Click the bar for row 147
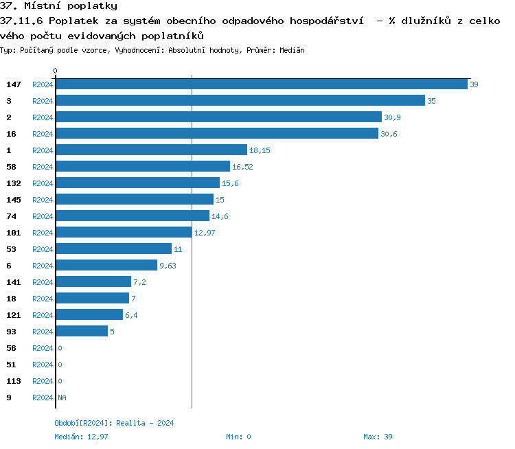click(261, 84)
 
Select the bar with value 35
click(240, 101)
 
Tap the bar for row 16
click(217, 134)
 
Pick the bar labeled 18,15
click(151, 150)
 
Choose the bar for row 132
click(137, 183)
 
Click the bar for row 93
click(82, 332)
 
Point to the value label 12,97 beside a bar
click(205, 233)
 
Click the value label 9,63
click(168, 266)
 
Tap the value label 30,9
click(392, 117)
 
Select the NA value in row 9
click(62, 398)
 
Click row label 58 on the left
click(11, 167)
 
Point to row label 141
click(14, 282)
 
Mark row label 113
click(14, 381)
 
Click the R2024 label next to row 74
click(43, 216)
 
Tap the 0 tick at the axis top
click(56, 71)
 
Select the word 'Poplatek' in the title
click(72, 21)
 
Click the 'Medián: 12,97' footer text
click(81, 437)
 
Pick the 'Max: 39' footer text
click(378, 437)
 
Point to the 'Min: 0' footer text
click(238, 437)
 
